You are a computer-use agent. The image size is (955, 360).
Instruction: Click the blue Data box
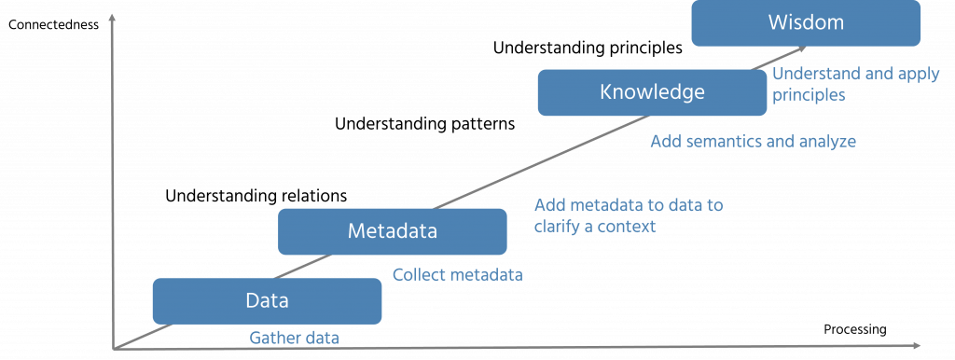(267, 300)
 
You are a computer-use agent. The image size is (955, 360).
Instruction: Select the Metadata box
(392, 230)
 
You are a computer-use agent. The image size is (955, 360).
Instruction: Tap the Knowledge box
(651, 91)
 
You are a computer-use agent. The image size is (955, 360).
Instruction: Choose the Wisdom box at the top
(807, 22)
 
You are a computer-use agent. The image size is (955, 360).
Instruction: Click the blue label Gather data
(294, 339)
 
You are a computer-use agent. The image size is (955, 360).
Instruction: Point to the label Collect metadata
(457, 275)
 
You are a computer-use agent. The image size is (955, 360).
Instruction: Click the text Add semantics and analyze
(753, 142)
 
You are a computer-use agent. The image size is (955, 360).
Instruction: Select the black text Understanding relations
(256, 196)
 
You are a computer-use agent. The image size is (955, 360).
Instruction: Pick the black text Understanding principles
(588, 46)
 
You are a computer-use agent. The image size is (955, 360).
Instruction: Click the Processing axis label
(854, 329)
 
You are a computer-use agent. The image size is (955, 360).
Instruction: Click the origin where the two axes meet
(115, 349)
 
